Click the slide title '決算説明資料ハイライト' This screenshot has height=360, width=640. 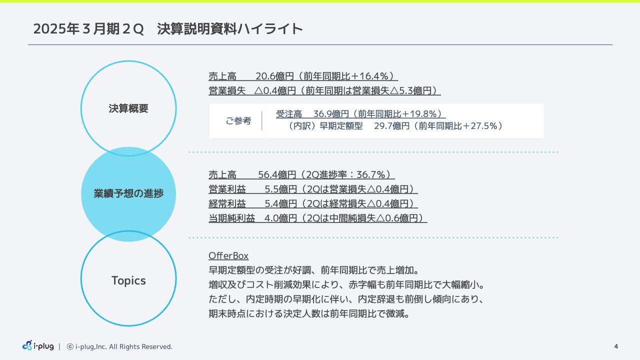coord(230,29)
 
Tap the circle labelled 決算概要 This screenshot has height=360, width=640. coord(128,108)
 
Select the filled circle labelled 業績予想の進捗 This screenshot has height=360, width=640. coord(128,194)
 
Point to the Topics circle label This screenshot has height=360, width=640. coord(128,280)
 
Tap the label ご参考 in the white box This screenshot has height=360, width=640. coord(238,121)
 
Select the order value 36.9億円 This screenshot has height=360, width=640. coord(331,114)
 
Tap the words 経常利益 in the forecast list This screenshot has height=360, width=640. coord(227,204)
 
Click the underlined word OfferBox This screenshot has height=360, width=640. coord(228,256)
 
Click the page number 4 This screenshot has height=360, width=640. coord(616,346)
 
